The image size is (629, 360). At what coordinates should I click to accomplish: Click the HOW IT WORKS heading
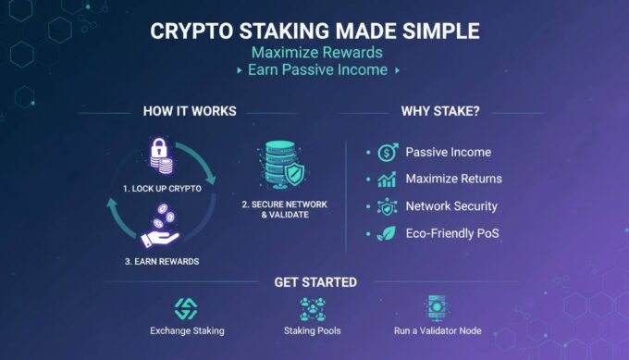pyautogui.click(x=190, y=112)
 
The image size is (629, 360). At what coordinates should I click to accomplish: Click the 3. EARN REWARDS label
pyautogui.click(x=161, y=261)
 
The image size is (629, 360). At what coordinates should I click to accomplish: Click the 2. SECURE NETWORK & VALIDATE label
pyautogui.click(x=283, y=209)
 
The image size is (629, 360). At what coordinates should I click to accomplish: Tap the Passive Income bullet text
pyautogui.click(x=448, y=152)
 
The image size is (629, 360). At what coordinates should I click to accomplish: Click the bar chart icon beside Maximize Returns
pyautogui.click(x=388, y=179)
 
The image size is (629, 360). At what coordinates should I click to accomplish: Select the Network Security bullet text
pyautogui.click(x=451, y=206)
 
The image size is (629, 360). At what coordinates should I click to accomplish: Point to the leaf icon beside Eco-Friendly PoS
pyautogui.click(x=388, y=233)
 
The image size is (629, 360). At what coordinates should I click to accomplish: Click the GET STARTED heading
pyautogui.click(x=314, y=282)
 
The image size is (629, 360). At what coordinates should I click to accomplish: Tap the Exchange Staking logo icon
pyautogui.click(x=186, y=308)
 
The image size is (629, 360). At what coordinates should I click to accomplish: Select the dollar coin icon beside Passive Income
pyautogui.click(x=388, y=152)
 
